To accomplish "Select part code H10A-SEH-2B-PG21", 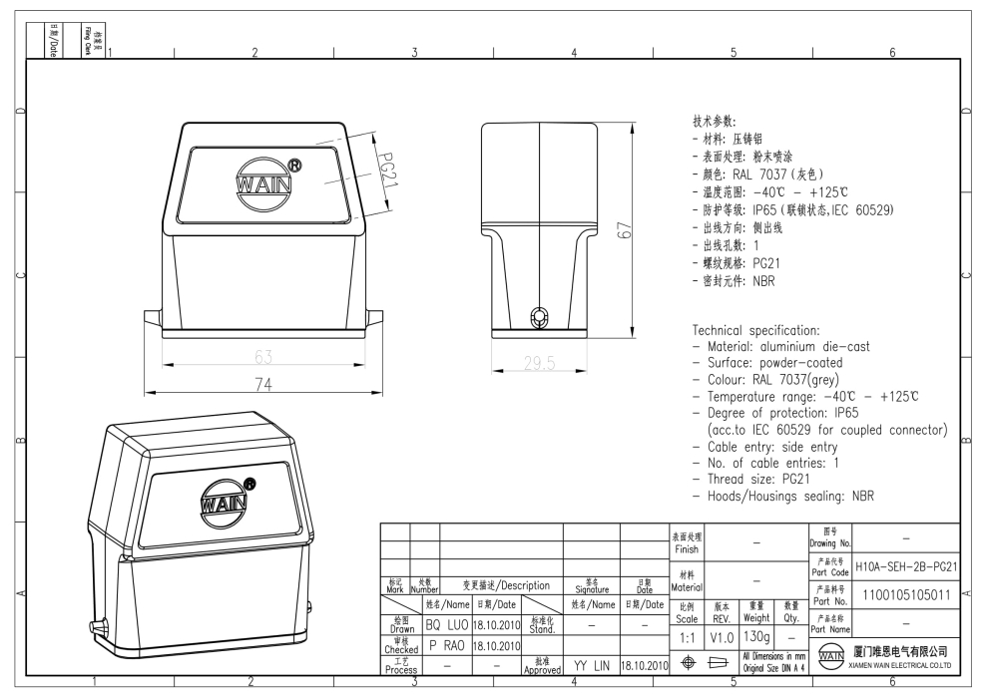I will (x=906, y=566).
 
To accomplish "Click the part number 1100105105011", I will (x=906, y=595).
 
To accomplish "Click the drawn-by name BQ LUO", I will (x=447, y=625).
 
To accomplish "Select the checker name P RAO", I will (x=447, y=645).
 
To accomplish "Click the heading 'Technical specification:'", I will (x=756, y=330).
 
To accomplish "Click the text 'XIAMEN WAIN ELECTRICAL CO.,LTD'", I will (x=904, y=664).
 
